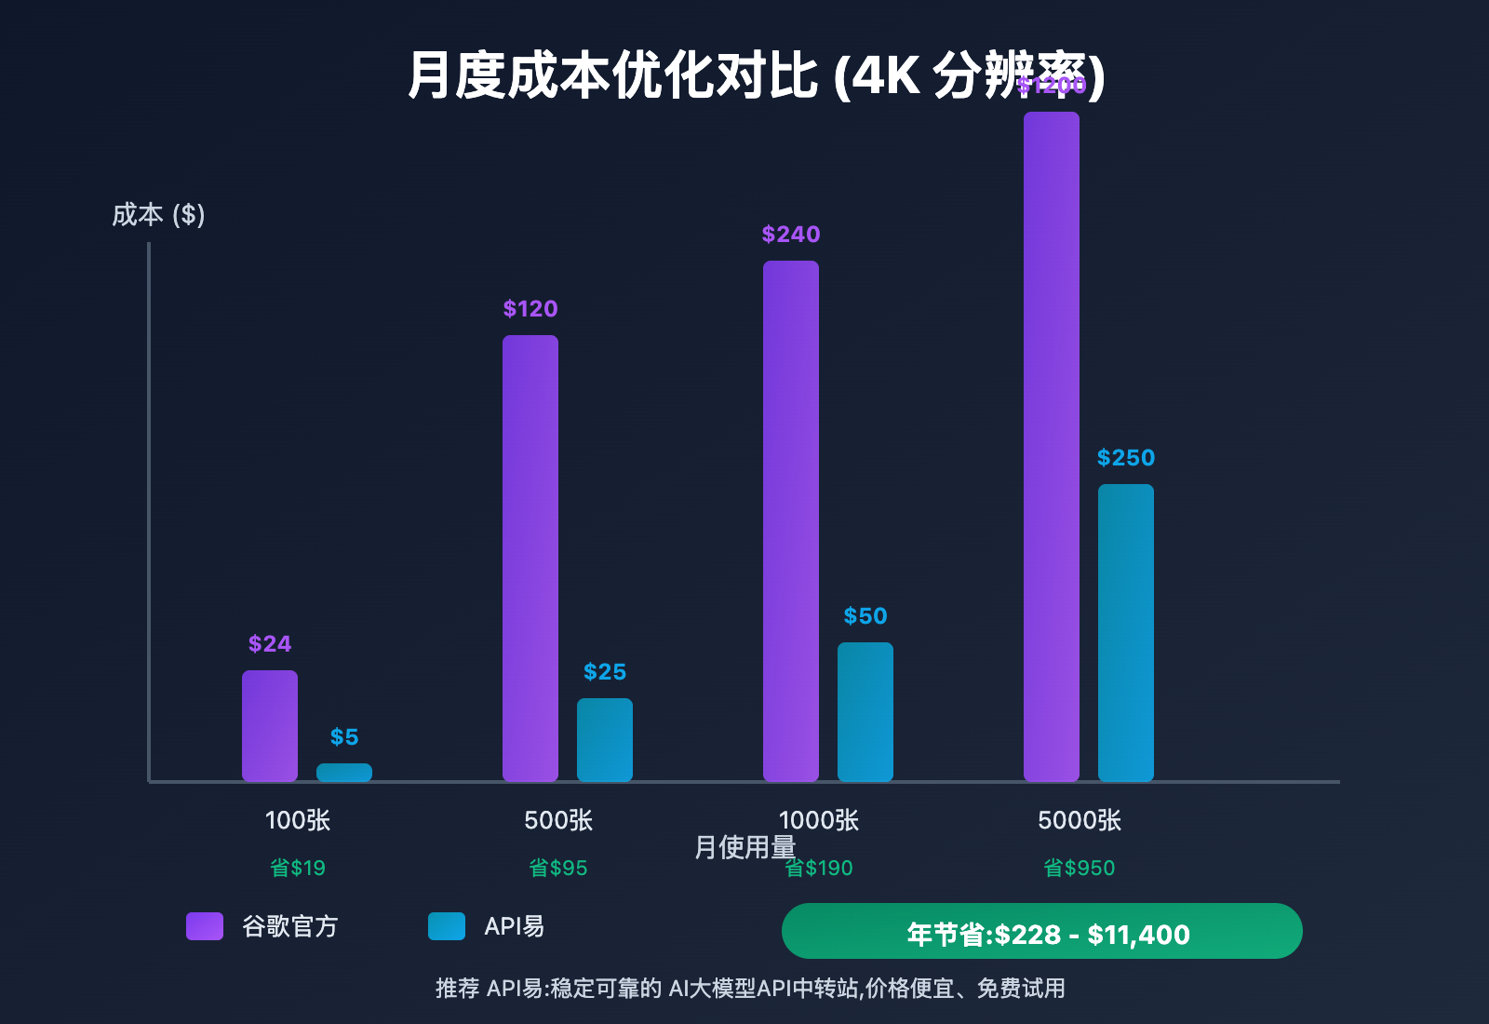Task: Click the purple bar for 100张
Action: pyautogui.click(x=270, y=726)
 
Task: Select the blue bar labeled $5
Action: pyautogui.click(x=344, y=773)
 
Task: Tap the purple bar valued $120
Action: pyautogui.click(x=530, y=559)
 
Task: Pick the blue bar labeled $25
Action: pyautogui.click(x=605, y=740)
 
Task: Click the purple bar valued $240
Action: pyautogui.click(x=791, y=521)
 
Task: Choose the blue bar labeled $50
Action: pyautogui.click(x=865, y=712)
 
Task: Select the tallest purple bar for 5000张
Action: pyautogui.click(x=1052, y=447)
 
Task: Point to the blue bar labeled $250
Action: pyautogui.click(x=1126, y=633)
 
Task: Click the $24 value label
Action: pyautogui.click(x=270, y=644)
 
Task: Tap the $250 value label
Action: pyautogui.click(x=1126, y=458)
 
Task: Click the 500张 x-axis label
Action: pyautogui.click(x=558, y=820)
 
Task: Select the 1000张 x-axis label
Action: pyautogui.click(x=819, y=820)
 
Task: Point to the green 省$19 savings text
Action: pyautogui.click(x=298, y=868)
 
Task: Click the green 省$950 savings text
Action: pyautogui.click(x=1080, y=868)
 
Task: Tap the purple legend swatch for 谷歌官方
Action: pyautogui.click(x=205, y=926)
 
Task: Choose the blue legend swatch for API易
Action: pyautogui.click(x=447, y=926)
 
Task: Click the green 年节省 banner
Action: pyautogui.click(x=1042, y=931)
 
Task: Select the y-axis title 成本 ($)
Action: pyautogui.click(x=158, y=215)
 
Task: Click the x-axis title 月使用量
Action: pyautogui.click(x=744, y=847)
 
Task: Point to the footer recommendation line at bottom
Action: pyautogui.click(x=750, y=988)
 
